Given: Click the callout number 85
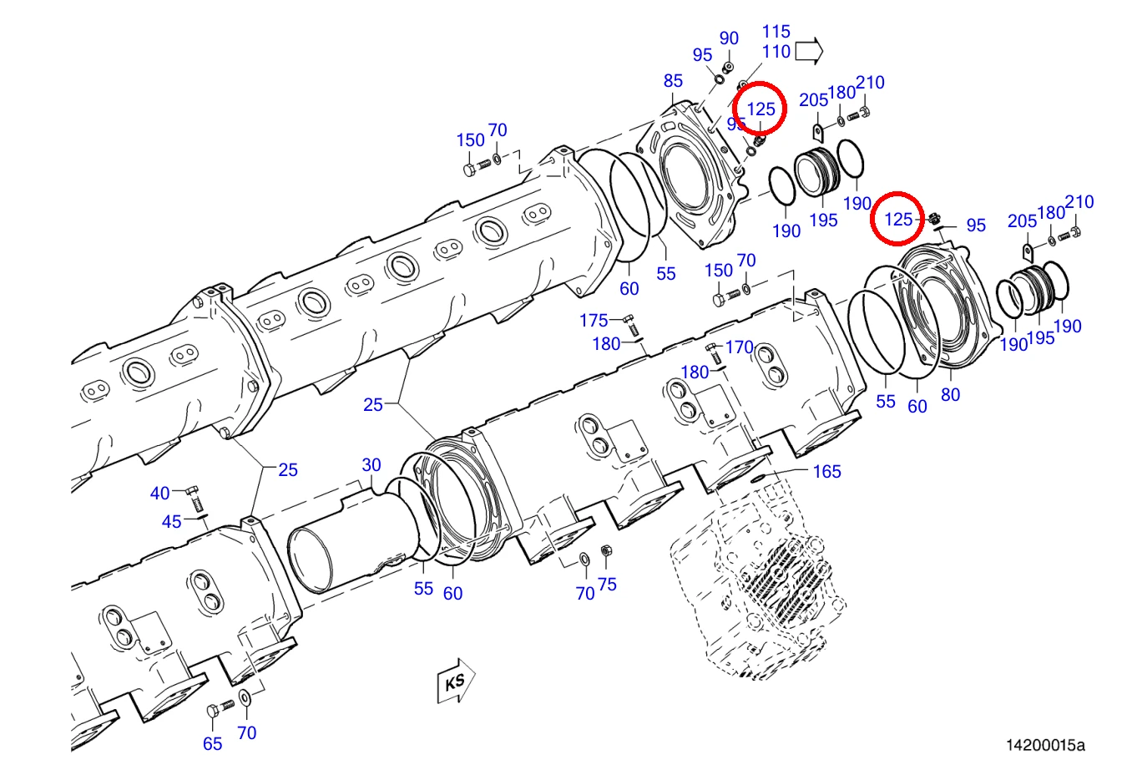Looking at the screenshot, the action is pos(673,80).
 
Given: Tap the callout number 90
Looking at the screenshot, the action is pos(729,38).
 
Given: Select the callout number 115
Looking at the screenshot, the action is pos(776,32).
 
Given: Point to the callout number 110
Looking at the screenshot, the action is pos(776,51).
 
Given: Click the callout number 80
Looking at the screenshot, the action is pos(950,395).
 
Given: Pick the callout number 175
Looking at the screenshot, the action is pos(594,321).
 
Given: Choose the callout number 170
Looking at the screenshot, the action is pos(739,347).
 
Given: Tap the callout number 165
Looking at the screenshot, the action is pos(826,472).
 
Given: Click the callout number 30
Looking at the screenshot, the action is pos(371,464).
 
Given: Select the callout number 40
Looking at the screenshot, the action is pos(160,494).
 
